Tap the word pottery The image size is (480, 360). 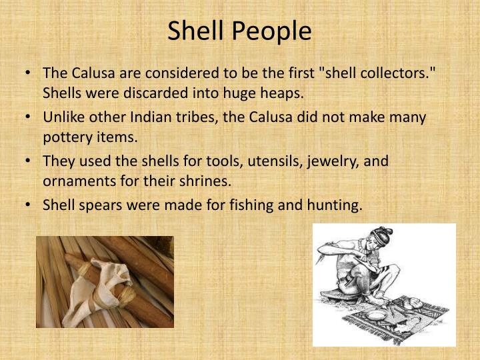(x=65, y=137)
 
